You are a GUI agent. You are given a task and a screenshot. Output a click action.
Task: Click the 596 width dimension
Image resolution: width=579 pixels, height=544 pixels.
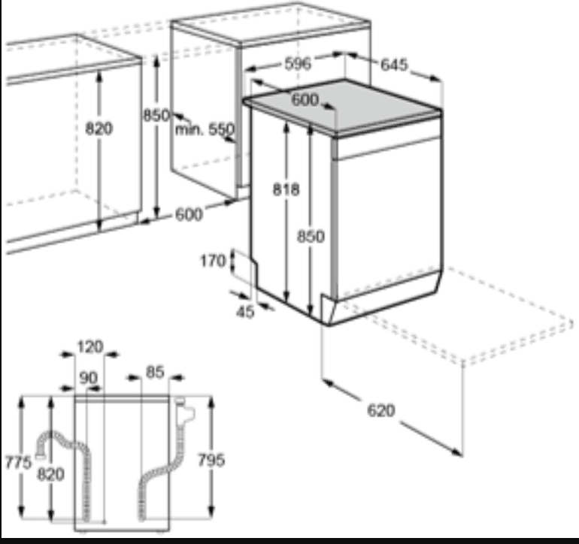(298, 63)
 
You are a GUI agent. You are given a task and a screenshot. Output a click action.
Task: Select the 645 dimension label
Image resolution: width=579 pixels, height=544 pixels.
(394, 65)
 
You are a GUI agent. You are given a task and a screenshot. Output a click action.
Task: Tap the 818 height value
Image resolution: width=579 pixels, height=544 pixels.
(286, 189)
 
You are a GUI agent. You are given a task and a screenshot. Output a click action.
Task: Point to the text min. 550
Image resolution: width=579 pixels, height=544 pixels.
(205, 129)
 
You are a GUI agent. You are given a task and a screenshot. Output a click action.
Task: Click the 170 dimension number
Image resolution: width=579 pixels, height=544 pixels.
(213, 261)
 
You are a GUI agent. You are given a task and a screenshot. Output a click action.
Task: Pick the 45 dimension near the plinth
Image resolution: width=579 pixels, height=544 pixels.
(245, 312)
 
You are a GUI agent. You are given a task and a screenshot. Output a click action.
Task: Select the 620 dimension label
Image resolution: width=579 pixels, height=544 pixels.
(381, 410)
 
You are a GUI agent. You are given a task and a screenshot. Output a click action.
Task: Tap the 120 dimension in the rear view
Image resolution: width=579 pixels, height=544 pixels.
(90, 346)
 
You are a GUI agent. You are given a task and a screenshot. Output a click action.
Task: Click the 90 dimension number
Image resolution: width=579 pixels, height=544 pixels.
(89, 377)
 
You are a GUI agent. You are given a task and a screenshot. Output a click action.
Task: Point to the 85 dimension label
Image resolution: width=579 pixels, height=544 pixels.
(155, 372)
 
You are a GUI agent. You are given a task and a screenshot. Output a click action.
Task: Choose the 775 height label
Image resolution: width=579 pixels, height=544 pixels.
(19, 461)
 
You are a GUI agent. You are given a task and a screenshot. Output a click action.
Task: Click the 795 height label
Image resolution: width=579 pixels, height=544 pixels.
(211, 461)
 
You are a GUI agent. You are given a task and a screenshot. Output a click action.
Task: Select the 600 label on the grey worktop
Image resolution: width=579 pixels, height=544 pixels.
(305, 100)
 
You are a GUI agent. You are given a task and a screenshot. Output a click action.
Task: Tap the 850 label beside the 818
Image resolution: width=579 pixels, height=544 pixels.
(311, 236)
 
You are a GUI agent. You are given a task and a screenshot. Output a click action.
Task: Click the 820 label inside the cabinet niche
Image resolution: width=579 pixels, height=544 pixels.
(99, 128)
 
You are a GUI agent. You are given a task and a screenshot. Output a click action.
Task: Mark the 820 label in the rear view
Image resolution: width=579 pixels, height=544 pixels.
(51, 474)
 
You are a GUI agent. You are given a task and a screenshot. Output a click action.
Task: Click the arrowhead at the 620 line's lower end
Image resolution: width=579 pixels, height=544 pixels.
(457, 452)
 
